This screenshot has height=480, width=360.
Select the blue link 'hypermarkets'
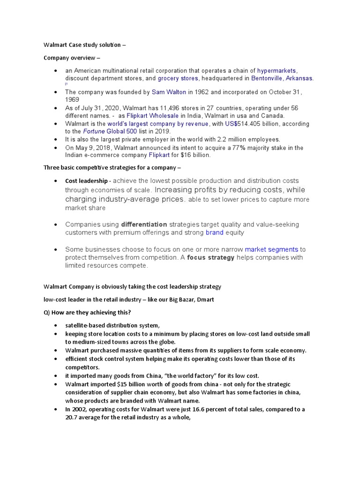[x=277, y=70]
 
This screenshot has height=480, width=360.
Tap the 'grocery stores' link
[x=178, y=78]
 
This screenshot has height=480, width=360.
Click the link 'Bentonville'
[x=267, y=78]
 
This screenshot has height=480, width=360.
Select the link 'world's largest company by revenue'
[x=158, y=124]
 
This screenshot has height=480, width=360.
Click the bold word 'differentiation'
[x=144, y=225]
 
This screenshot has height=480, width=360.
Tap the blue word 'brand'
[x=214, y=232]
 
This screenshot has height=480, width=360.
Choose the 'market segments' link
[x=271, y=249]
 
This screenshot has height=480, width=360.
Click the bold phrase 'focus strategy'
[x=210, y=257]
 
